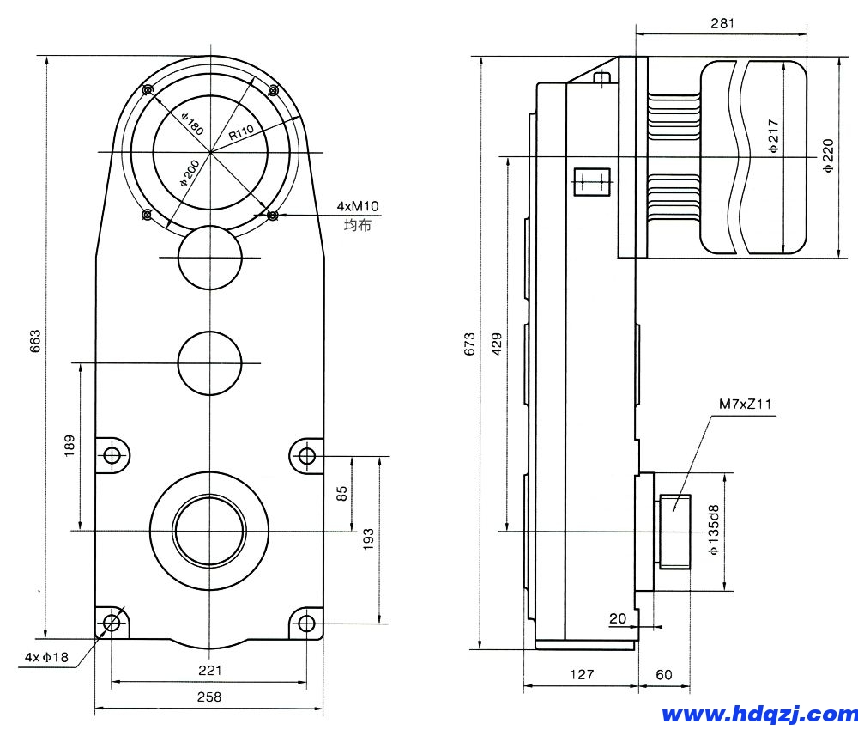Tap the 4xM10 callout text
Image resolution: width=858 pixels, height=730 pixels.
click(358, 207)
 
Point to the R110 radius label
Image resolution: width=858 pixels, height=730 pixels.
click(243, 133)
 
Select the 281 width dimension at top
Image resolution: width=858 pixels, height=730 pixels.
click(722, 24)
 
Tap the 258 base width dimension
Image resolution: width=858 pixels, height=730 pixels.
click(208, 697)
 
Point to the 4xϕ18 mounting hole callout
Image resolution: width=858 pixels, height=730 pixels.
click(45, 658)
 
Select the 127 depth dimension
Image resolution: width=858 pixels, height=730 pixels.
click(581, 675)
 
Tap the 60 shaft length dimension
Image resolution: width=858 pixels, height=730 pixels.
click(664, 675)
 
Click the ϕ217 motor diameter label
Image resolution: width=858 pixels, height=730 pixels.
click(773, 136)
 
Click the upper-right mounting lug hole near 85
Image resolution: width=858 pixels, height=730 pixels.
click(306, 456)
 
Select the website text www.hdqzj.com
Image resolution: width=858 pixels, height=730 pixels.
click(758, 714)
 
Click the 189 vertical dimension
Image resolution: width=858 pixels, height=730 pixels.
click(69, 446)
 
